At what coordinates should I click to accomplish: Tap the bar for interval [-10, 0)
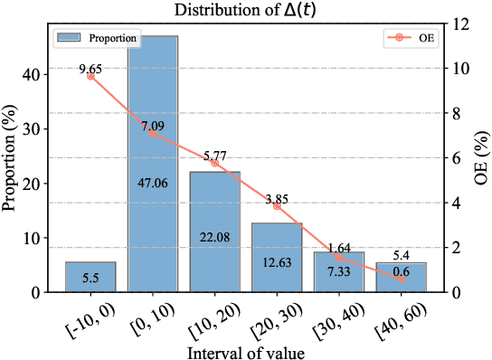coord(90,277)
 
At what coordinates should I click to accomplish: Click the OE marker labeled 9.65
coord(90,76)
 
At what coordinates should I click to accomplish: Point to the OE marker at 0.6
coord(401,279)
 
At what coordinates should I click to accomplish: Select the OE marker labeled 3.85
coord(277,206)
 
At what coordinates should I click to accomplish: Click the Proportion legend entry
coord(98,39)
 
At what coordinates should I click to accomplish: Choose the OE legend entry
coord(409,39)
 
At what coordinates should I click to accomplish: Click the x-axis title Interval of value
coord(246,351)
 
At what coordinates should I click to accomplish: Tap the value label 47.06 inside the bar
coord(153,182)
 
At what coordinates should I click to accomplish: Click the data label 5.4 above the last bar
coord(401,255)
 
